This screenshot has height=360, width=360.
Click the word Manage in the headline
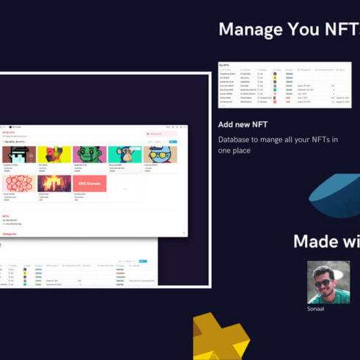(x=251, y=30)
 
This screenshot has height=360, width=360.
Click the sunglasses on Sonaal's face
(x=323, y=282)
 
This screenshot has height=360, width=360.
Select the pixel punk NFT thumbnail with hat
(x=18, y=154)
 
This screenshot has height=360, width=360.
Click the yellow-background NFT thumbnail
(x=54, y=154)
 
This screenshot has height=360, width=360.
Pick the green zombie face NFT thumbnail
(x=90, y=154)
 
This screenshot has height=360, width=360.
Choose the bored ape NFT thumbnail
(x=125, y=154)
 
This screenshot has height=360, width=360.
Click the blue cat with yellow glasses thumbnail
(x=160, y=154)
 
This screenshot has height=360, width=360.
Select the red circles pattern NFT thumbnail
(x=18, y=184)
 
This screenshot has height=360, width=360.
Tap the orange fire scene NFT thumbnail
(x=54, y=184)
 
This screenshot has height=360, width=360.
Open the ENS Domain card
(x=90, y=184)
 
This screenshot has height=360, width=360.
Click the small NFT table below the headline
(x=284, y=85)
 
